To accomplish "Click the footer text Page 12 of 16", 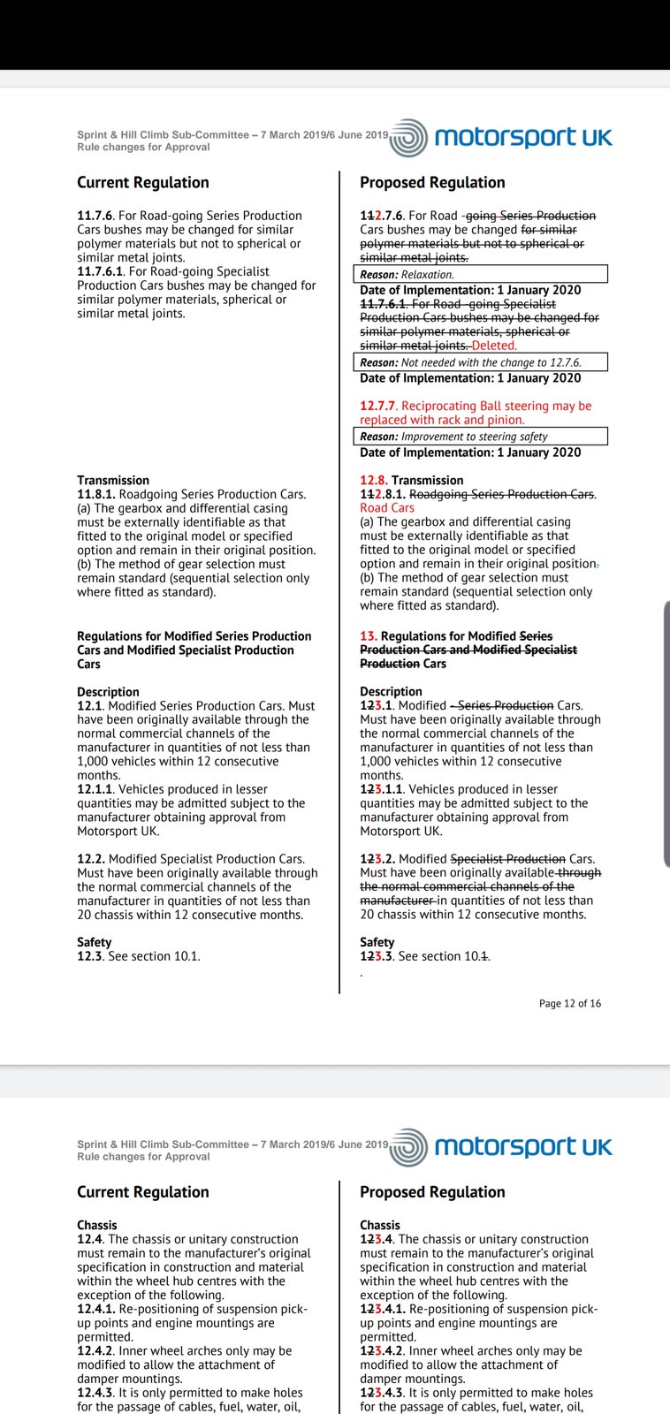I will [x=569, y=1003].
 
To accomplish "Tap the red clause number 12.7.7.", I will [x=378, y=406].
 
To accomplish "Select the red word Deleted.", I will [x=494, y=346].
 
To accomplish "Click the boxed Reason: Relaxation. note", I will [x=481, y=274].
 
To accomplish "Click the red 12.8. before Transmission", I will [x=373, y=480].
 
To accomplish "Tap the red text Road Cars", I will [x=387, y=508].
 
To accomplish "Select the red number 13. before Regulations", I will [x=368, y=635].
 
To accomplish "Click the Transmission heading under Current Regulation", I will [x=113, y=480].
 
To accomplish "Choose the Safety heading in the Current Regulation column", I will [x=94, y=942].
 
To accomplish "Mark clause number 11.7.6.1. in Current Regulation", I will [x=101, y=271].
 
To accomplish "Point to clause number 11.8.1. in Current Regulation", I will [x=95, y=494].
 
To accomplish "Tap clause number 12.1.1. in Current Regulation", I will [x=95, y=789].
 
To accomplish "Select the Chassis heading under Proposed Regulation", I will [x=380, y=1225].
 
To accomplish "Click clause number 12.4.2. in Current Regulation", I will [x=95, y=1350].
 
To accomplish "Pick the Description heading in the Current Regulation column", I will [x=108, y=692].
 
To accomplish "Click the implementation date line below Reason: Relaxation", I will [x=470, y=290].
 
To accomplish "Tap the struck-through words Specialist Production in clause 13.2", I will [x=507, y=859].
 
